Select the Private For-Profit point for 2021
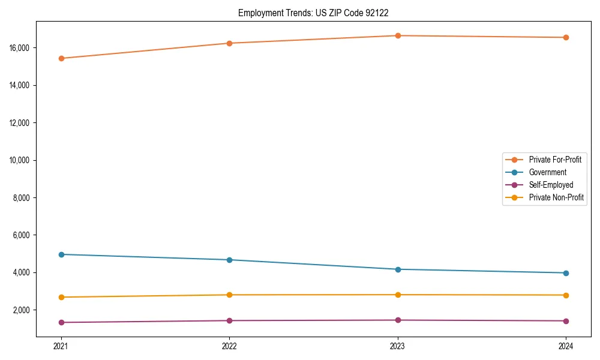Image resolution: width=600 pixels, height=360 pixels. click(61, 58)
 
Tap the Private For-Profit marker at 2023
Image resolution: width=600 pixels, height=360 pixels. click(398, 35)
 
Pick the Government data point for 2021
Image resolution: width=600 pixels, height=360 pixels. click(61, 254)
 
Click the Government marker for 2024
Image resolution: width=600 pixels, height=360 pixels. click(566, 273)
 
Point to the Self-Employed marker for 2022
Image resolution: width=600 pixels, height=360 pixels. click(229, 320)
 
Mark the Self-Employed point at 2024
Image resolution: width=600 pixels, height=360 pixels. click(566, 321)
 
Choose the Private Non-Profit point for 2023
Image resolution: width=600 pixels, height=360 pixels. click(398, 295)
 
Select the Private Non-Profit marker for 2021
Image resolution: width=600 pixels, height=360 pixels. click(61, 297)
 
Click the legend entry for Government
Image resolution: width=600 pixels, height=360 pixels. click(547, 172)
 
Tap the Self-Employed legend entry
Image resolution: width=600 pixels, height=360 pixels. click(551, 185)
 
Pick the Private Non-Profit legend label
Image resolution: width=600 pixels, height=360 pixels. click(556, 197)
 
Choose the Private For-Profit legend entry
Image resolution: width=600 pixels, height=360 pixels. click(554, 160)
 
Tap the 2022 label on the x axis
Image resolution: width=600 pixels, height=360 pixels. click(229, 346)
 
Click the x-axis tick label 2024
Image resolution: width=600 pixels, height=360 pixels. click(566, 346)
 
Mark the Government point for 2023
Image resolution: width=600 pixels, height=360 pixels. click(398, 269)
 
